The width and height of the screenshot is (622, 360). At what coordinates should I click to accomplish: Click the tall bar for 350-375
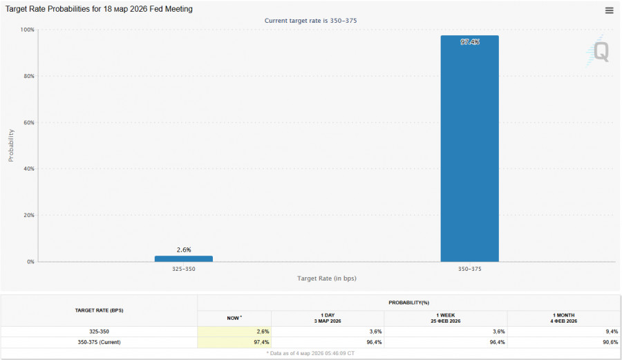(x=469, y=149)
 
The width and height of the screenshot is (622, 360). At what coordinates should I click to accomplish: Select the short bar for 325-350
(x=183, y=258)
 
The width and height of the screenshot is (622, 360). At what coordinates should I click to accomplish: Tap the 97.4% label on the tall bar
(x=469, y=42)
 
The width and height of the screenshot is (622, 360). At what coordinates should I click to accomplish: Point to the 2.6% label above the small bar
(x=183, y=249)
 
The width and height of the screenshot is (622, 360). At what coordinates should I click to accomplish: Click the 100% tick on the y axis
(x=28, y=30)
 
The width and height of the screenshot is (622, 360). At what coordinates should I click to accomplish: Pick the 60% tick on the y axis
(x=29, y=122)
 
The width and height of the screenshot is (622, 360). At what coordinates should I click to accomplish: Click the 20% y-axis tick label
(x=29, y=215)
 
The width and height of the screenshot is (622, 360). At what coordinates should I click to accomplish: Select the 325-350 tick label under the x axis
(x=183, y=269)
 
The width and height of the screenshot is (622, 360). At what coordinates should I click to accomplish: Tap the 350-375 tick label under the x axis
(x=469, y=269)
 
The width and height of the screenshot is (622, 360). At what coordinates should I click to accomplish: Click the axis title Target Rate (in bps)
(x=326, y=278)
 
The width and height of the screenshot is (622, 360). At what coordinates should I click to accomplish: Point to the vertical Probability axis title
(x=11, y=145)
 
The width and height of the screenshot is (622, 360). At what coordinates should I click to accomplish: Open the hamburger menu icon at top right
(x=609, y=10)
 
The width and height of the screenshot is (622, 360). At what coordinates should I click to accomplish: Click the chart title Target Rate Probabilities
(x=99, y=9)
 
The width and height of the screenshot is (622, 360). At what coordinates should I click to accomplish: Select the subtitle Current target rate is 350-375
(x=310, y=21)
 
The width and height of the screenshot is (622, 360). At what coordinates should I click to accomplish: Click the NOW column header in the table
(x=234, y=318)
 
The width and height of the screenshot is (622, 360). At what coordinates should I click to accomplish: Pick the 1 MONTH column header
(x=564, y=318)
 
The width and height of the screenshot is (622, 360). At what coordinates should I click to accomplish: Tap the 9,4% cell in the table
(x=610, y=332)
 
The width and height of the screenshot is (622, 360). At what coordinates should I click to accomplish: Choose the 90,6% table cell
(x=609, y=342)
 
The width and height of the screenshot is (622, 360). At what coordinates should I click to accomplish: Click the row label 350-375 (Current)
(x=99, y=342)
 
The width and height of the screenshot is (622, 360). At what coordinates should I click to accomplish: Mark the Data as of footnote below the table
(x=310, y=353)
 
